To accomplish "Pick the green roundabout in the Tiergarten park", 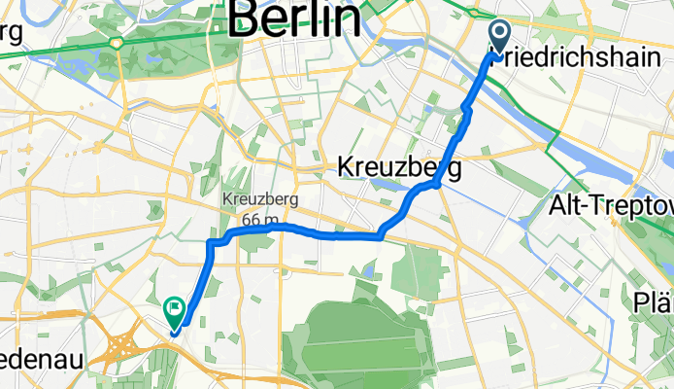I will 116,43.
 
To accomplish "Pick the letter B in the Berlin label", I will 250,19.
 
